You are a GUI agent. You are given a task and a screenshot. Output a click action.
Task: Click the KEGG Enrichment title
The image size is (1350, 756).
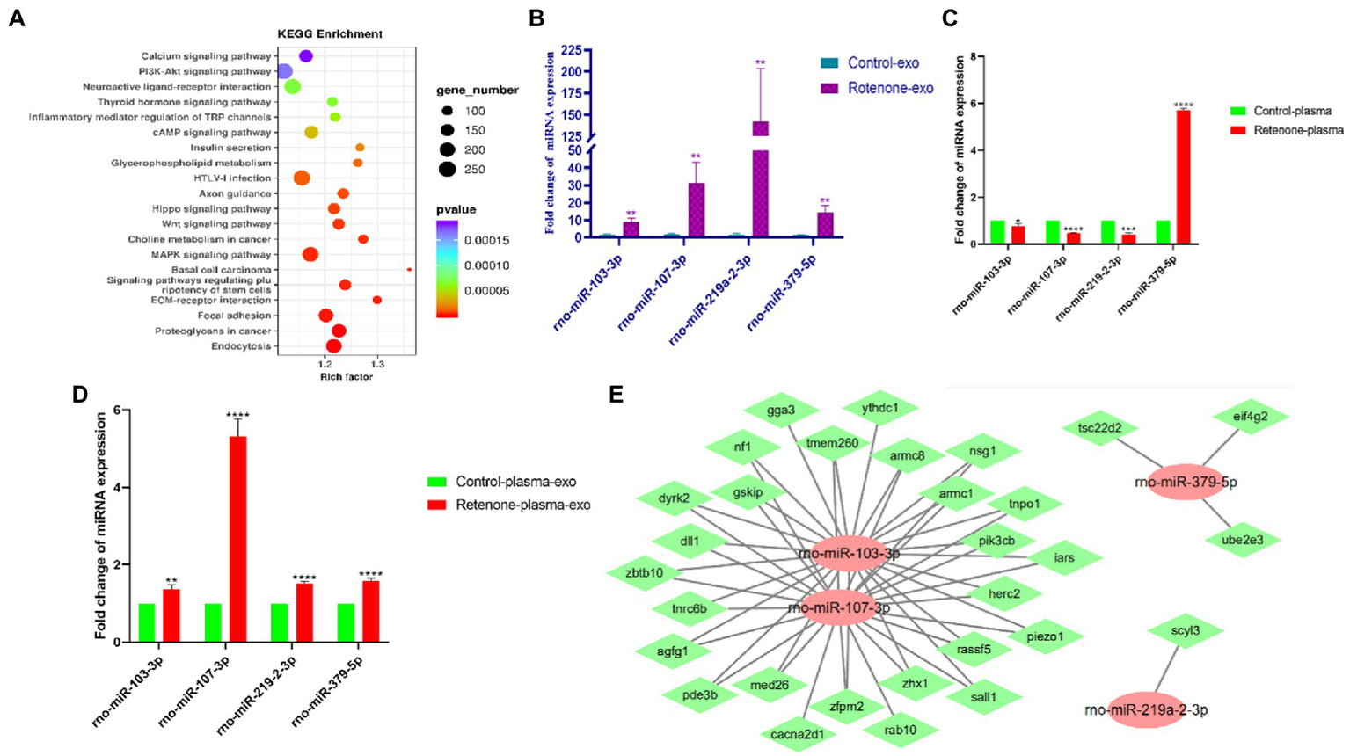point(330,34)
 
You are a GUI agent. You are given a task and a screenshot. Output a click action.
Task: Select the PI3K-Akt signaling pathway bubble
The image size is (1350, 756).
point(284,71)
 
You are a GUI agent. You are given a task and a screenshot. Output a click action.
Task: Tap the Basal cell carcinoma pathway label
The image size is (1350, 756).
point(221,270)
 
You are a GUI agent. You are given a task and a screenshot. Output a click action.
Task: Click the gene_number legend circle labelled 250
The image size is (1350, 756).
point(448,169)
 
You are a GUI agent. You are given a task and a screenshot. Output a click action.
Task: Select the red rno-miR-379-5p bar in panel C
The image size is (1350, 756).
point(1183,176)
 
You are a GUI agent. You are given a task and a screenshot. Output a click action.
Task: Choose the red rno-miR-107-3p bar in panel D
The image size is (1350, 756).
point(237,539)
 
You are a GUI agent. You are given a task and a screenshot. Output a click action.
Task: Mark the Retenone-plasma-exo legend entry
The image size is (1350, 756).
point(522,505)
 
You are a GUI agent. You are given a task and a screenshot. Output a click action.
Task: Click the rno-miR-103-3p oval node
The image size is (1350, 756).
point(849,554)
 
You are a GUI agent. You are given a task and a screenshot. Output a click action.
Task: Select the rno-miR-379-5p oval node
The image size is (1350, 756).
point(1186,482)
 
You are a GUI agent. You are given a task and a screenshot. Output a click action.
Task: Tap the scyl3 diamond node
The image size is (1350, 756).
point(1186,630)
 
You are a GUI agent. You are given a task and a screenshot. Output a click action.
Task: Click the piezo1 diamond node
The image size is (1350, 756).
point(1045,636)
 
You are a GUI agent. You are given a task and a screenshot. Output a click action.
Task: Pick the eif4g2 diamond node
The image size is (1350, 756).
point(1251,417)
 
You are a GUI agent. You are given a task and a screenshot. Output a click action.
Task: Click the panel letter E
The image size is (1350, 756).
point(617,394)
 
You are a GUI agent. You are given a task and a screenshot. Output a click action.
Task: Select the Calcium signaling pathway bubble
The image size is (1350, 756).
point(306,56)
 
